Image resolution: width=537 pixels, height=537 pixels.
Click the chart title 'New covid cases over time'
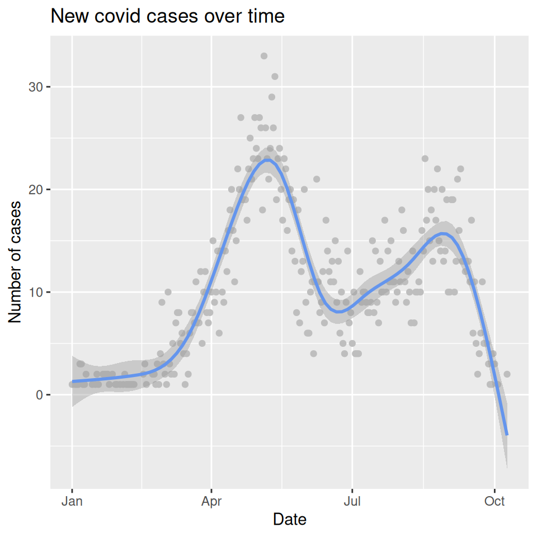click(167, 17)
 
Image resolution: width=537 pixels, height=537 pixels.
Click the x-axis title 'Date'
click(289, 520)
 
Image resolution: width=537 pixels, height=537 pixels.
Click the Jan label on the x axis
click(72, 501)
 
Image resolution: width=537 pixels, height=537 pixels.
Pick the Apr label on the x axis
click(211, 501)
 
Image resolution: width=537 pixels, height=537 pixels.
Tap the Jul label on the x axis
click(352, 501)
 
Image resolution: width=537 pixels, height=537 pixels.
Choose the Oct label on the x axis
click(494, 501)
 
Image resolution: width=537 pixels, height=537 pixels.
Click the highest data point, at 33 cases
click(264, 56)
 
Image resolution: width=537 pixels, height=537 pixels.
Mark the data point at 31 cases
click(275, 77)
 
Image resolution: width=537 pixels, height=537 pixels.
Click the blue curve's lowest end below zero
click(507, 434)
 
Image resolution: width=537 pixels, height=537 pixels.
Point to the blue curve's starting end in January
click(73, 381)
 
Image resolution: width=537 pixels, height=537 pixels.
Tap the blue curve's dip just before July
click(343, 312)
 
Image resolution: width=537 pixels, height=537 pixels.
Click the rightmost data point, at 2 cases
click(507, 374)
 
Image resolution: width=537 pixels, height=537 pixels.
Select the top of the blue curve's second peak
click(444, 233)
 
